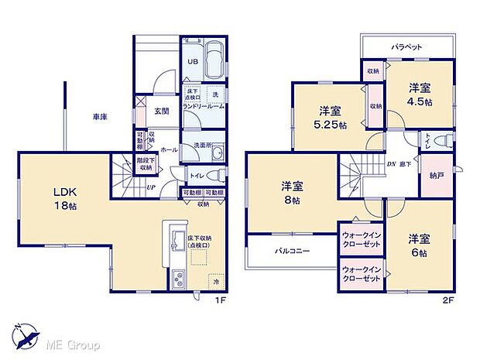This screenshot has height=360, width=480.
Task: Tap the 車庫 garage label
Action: [x=100, y=117]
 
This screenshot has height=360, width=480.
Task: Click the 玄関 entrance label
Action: [x=162, y=111]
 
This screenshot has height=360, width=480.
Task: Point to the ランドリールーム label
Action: [x=204, y=108]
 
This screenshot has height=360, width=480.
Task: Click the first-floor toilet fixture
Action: [x=217, y=174]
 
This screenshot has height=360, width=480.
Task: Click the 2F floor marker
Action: [x=447, y=300]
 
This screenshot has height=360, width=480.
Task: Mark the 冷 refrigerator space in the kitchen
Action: [x=216, y=282]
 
